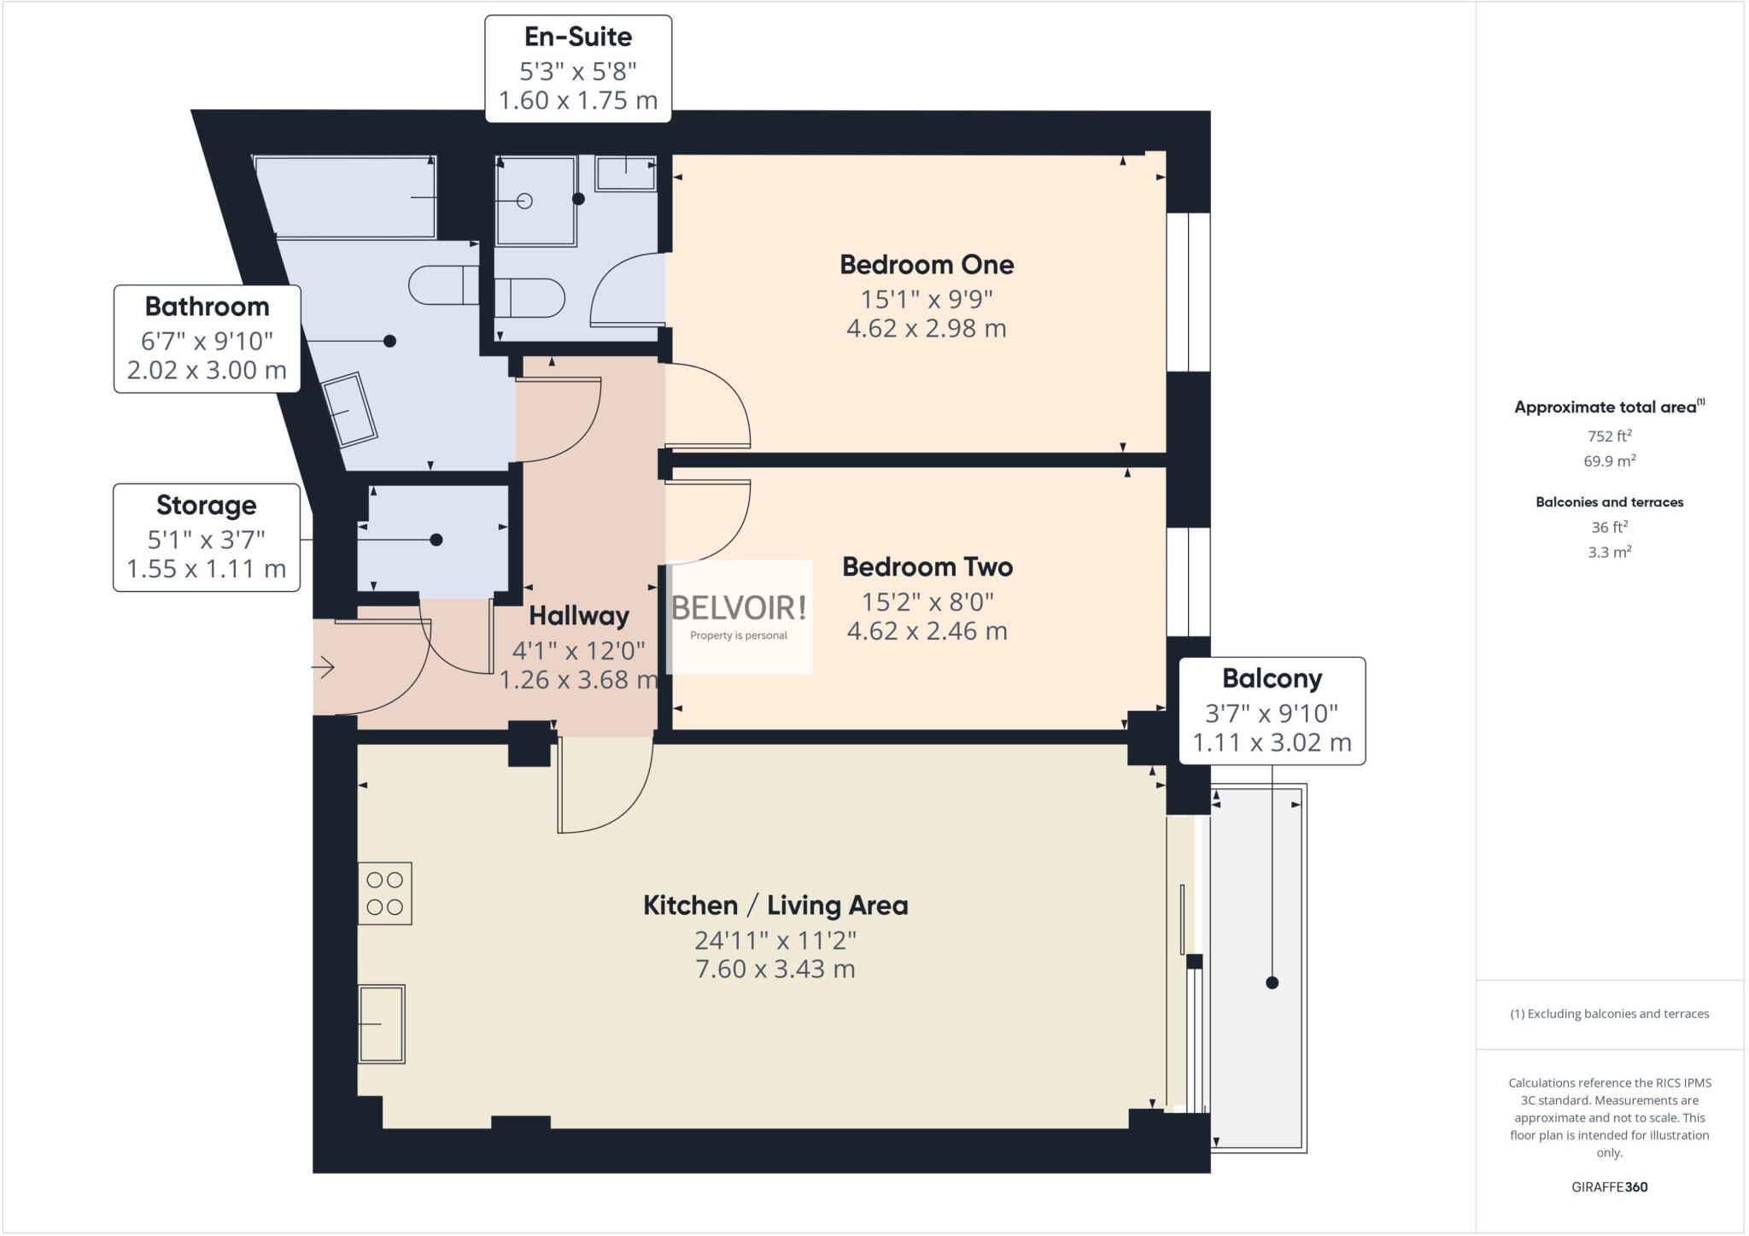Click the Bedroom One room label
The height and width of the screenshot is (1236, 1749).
click(927, 265)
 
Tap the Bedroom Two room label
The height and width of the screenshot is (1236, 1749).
click(927, 567)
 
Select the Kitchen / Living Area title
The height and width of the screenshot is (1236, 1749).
click(775, 905)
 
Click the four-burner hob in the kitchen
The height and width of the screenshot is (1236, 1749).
click(384, 893)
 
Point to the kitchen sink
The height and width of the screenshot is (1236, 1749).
click(381, 1023)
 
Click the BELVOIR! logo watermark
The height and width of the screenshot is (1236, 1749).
click(739, 608)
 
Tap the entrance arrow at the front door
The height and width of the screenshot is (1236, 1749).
click(324, 667)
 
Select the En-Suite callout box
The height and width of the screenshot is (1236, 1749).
click(578, 69)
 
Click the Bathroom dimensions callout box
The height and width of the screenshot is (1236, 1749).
click(207, 339)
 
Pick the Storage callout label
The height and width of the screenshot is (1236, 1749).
click(206, 506)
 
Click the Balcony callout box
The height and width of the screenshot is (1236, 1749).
click(1272, 711)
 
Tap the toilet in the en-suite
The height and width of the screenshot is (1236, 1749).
click(529, 298)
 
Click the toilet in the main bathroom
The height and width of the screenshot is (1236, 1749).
click(444, 285)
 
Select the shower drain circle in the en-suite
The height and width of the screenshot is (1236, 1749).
click(525, 201)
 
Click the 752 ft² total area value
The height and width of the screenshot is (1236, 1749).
click(1609, 436)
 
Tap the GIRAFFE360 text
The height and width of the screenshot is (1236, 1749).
click(1609, 1186)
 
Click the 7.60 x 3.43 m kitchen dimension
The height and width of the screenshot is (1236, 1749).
click(775, 969)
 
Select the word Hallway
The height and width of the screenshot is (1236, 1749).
click(579, 616)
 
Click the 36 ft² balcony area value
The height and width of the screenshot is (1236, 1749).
click(1609, 527)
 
